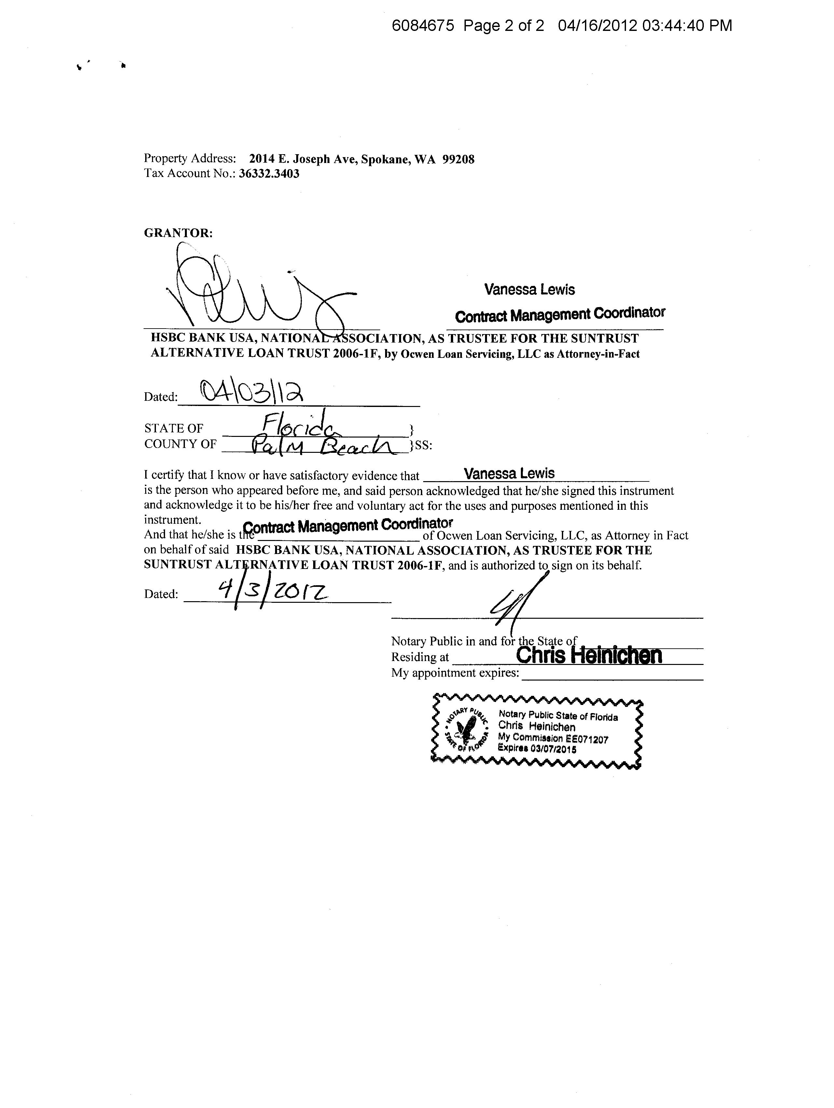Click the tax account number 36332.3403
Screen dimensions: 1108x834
(x=269, y=174)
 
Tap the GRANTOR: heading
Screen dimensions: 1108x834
(x=178, y=233)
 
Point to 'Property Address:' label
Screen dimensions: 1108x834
(x=189, y=158)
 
